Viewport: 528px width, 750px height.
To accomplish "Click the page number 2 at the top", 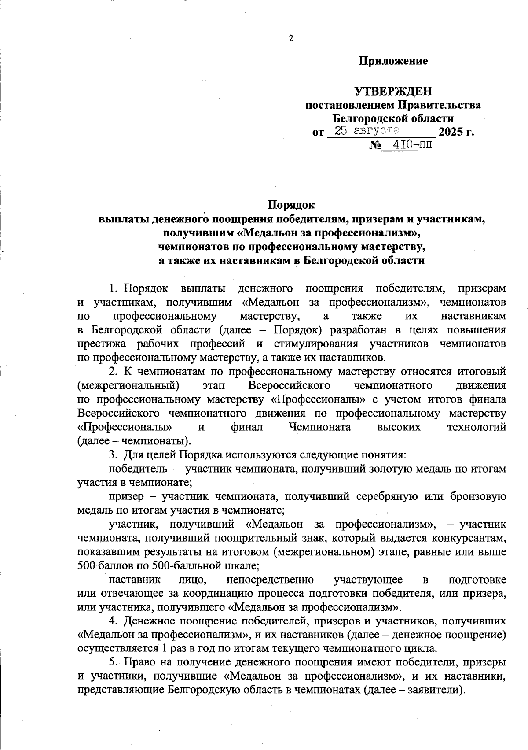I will (291, 38).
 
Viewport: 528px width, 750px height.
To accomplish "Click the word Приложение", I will (393, 61).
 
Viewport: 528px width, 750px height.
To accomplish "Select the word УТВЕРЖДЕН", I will (393, 92).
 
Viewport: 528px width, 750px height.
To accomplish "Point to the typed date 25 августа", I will (367, 130).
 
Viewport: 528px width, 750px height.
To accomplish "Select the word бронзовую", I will (478, 497).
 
